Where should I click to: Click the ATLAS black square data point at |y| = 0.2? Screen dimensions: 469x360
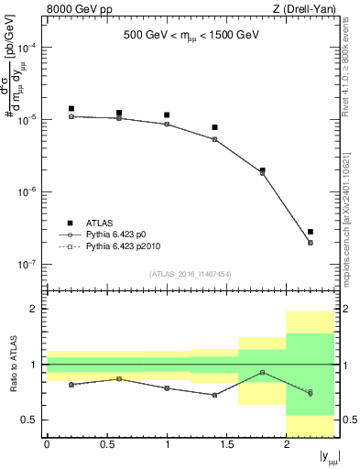pos(71,109)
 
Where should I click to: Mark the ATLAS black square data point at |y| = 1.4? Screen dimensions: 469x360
pos(214,127)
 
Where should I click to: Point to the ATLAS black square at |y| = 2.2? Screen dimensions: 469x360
pos(311,232)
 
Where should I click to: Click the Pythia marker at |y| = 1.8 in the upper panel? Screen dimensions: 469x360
pos(263,172)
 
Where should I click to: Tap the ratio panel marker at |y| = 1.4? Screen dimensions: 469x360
pos(214,395)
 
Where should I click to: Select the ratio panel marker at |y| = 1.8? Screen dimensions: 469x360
pos(263,372)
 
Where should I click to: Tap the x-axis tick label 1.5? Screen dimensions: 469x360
pos(226,445)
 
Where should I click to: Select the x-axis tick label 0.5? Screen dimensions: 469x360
pos(106,445)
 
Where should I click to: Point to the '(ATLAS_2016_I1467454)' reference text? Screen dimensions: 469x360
pos(190,274)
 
